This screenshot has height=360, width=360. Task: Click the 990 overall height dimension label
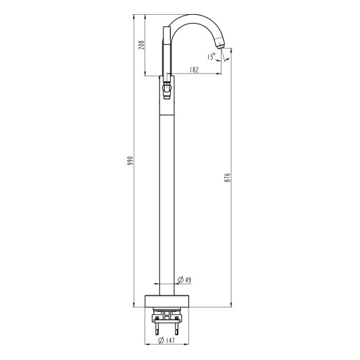pos(130,161)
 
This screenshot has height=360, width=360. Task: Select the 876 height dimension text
pos(227,178)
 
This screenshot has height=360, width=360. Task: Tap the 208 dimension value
pos(141,45)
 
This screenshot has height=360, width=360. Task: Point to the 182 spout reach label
pos(194,70)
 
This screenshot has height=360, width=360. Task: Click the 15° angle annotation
pos(211,56)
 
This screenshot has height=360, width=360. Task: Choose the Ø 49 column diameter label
pos(184,280)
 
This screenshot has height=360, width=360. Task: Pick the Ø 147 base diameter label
pos(166,340)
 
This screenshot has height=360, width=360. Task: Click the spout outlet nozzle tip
pos(220,47)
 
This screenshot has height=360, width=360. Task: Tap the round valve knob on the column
pos(166,88)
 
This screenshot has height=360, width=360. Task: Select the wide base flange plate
pos(167,301)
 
